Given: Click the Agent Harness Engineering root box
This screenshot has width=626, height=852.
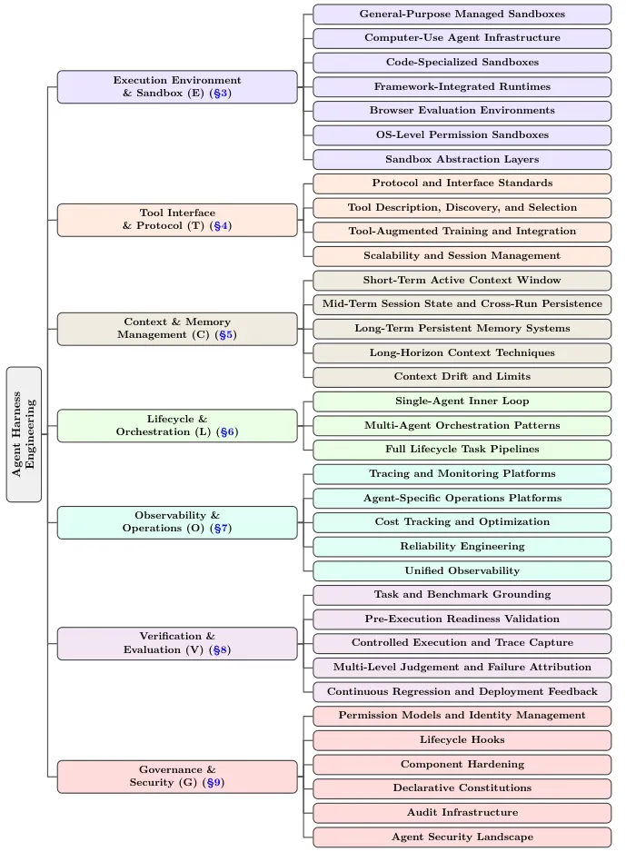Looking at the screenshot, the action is pos(24,434).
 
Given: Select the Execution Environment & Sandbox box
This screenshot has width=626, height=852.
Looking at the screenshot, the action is pos(177,86).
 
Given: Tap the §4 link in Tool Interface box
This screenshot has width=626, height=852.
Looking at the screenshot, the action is pos(221,225).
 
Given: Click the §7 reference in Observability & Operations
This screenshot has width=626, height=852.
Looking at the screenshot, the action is pos(221,528).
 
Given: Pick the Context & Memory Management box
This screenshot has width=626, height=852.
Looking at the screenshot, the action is pos(177,329).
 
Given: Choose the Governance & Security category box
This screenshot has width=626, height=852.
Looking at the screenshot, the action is pos(177,777).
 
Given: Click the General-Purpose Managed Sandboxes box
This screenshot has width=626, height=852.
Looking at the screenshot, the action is pos(462,15).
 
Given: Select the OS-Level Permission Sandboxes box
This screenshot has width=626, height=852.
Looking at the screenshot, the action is pos(462,134).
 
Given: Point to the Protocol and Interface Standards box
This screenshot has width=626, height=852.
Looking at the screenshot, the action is pos(462,183).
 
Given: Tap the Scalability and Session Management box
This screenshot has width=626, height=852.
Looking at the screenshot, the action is pos(462,256).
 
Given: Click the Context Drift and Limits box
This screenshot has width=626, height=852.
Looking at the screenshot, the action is pos(462,377).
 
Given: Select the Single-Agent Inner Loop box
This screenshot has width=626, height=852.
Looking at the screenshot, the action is pos(462,401).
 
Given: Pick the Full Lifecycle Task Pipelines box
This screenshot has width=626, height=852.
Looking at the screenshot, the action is pos(462,450).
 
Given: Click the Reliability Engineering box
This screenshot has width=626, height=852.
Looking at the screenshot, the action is pos(462,547).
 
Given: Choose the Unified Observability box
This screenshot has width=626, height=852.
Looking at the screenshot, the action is pos(462,570).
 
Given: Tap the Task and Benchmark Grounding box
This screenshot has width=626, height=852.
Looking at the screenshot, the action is pos(462,595).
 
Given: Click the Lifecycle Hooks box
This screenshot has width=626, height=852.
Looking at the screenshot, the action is pos(462,740).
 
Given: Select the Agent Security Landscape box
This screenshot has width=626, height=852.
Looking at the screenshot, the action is pos(462,837).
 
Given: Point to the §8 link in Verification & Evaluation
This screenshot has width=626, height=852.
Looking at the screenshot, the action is pos(220,649).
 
